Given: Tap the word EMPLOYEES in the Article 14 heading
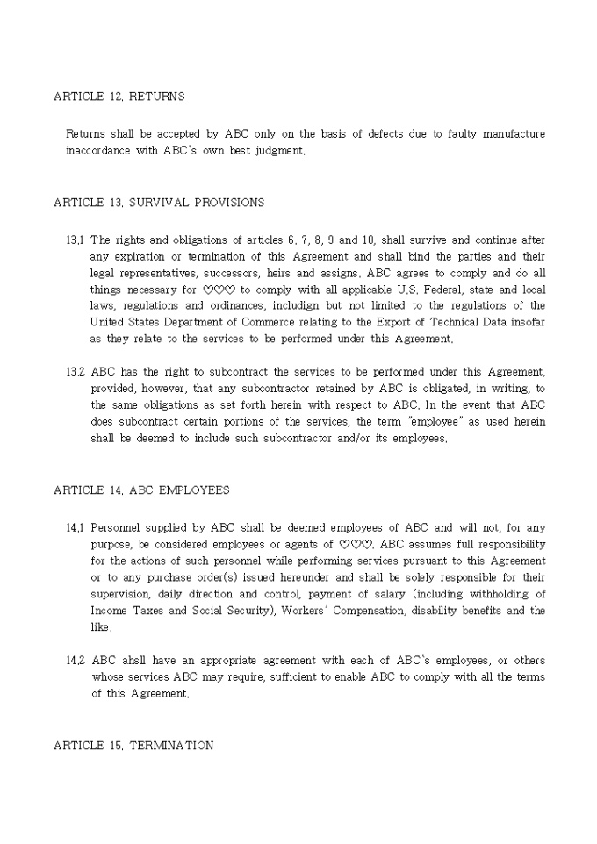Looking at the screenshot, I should [x=194, y=490].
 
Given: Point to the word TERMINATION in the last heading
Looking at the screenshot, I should [x=171, y=746].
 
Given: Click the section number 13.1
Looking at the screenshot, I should [x=75, y=240].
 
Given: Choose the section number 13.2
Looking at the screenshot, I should [x=75, y=372].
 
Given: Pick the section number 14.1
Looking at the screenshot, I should [x=75, y=528].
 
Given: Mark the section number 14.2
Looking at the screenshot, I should [x=75, y=661].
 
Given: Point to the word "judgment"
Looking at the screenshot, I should [x=278, y=151].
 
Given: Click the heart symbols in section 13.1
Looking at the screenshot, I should [x=219, y=290].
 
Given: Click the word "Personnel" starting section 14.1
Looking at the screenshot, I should [x=119, y=528].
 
